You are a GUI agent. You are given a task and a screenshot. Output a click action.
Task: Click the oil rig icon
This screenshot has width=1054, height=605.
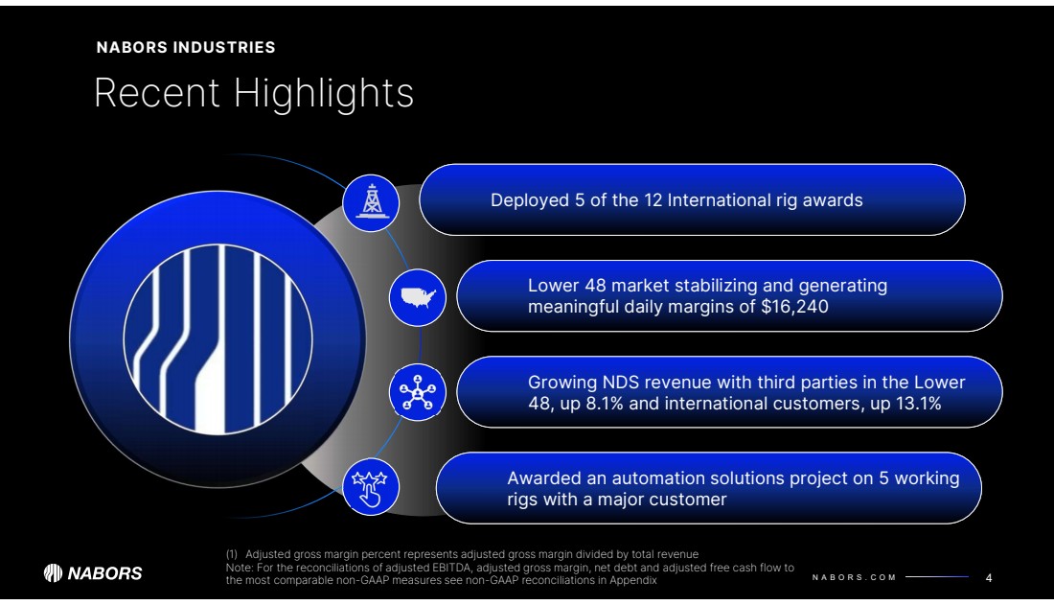pos(371,201)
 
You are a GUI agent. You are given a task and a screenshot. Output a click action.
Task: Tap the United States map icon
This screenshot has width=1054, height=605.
pos(418,297)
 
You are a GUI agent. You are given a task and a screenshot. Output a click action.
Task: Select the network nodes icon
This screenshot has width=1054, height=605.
pos(418,393)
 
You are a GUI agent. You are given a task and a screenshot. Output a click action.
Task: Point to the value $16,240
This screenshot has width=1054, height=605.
pos(794,307)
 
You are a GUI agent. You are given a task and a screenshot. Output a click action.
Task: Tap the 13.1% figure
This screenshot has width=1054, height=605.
pos(918,404)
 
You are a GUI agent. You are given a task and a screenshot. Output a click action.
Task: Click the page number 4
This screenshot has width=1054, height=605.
pos(989,578)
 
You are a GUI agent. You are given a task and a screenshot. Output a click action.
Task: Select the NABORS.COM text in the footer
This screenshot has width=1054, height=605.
pos(854,577)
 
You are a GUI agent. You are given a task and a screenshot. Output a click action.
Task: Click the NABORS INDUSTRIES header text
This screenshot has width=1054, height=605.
pos(186,47)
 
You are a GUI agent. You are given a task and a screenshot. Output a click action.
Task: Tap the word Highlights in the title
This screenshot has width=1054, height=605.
pos(323,93)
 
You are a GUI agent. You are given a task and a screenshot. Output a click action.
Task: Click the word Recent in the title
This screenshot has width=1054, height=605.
pos(157,93)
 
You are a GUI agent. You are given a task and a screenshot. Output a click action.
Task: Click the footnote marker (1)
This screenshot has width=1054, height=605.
pos(232,554)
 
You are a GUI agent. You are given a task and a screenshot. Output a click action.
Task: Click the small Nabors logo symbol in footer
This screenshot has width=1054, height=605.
pos(53,573)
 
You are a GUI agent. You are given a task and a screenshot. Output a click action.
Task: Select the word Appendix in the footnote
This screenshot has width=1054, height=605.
pos(633,580)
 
